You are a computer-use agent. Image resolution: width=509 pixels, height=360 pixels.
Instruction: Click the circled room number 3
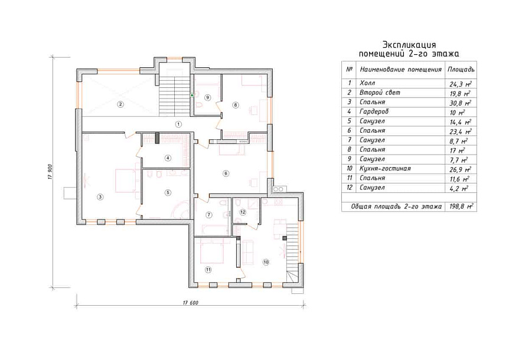[100, 197]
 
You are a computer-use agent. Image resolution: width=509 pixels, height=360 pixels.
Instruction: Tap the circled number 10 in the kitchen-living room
[266, 262]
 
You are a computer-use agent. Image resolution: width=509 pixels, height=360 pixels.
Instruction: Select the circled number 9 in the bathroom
[208, 97]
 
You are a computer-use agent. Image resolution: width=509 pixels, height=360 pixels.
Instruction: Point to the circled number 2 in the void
[120, 104]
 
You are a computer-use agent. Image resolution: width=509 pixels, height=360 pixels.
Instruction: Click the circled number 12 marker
[243, 212]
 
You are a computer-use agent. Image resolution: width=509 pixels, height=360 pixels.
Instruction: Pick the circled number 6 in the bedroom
[226, 174]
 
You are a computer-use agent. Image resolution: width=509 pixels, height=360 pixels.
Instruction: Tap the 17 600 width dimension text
[191, 303]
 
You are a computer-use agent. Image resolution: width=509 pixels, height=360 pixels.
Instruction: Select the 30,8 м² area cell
[461, 103]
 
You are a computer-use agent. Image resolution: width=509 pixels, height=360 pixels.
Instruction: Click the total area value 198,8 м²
[461, 207]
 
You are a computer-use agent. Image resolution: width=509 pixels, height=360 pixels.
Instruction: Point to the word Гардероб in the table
[374, 112]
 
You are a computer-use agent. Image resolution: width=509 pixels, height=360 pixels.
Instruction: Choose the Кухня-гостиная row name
[386, 169]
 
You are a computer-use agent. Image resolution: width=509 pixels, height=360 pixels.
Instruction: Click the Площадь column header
[461, 70]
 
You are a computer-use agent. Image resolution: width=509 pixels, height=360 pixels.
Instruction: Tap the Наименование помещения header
[401, 70]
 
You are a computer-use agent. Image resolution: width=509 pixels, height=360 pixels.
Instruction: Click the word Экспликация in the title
[409, 44]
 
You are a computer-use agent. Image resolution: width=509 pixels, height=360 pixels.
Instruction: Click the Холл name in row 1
[367, 83]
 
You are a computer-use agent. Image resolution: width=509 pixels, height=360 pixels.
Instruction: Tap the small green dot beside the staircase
[192, 96]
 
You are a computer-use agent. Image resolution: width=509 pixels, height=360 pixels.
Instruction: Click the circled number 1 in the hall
[178, 124]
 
